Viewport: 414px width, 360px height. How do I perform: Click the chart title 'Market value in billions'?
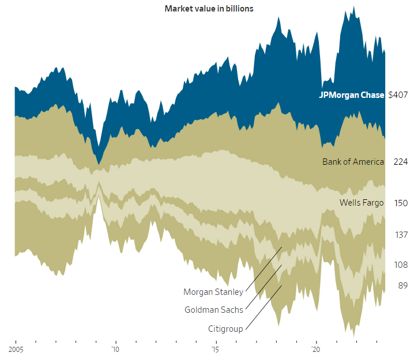tap(209, 9)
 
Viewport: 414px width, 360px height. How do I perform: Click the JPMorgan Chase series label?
tap(351, 95)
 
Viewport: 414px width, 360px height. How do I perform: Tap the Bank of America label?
tap(353, 162)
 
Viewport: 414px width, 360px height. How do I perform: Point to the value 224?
tap(401, 162)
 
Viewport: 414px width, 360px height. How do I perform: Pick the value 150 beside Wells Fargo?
tap(401, 203)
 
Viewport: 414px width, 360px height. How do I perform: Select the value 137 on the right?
tap(401, 235)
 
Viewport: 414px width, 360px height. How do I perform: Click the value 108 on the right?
tap(401, 265)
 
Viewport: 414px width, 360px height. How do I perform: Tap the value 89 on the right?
tap(402, 286)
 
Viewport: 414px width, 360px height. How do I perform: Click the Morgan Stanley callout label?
tap(213, 292)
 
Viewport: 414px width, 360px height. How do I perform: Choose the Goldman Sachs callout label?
tap(213, 310)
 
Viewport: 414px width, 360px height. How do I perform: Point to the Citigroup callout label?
tap(225, 329)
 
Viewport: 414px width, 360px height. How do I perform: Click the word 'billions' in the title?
tap(238, 9)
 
